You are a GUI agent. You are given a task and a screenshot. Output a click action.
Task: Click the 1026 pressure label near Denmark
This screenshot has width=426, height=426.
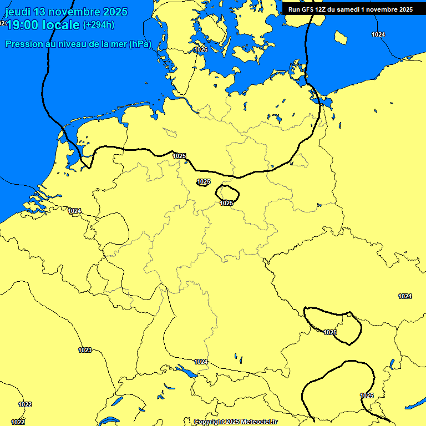[x=201, y=50]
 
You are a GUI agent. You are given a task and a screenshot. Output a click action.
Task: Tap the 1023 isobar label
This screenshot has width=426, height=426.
[x=85, y=350]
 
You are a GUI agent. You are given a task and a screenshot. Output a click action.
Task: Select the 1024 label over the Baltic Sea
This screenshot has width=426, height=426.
[x=378, y=34]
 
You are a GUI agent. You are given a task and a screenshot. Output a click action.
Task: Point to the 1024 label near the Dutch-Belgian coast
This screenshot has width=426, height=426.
[x=75, y=211]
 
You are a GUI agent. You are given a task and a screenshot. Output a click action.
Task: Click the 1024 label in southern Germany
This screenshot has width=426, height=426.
[x=201, y=362]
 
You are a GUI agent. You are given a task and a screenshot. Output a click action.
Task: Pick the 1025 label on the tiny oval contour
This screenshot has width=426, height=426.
[x=204, y=181]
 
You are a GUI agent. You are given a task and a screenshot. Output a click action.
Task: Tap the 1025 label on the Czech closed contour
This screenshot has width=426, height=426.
[x=330, y=332]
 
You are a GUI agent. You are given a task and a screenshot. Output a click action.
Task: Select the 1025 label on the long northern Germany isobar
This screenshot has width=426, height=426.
[x=179, y=156]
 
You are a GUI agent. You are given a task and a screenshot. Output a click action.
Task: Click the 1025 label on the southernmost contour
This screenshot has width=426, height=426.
[x=367, y=395]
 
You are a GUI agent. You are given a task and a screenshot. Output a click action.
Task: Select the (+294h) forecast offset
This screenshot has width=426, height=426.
[x=99, y=25]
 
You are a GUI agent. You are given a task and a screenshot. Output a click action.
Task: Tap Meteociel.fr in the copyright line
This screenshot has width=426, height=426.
[x=259, y=422]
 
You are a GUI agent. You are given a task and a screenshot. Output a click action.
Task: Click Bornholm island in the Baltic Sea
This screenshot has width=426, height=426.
[x=341, y=37]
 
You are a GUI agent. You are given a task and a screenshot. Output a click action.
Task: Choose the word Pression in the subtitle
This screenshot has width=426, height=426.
[x=23, y=44]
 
